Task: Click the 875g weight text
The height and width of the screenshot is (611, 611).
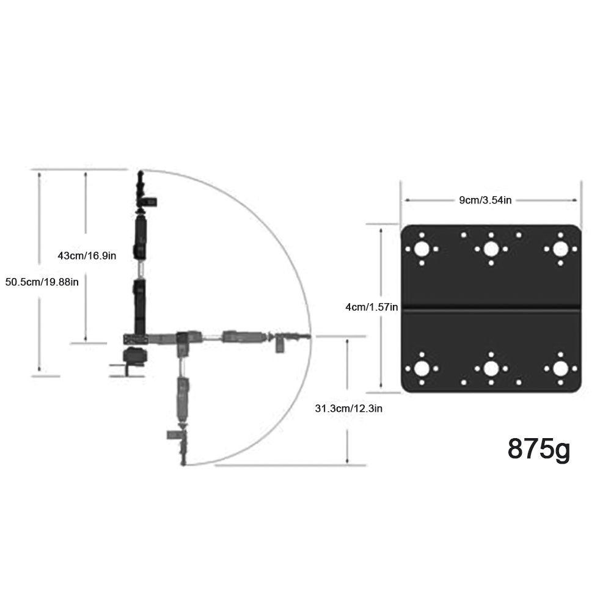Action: tap(538, 448)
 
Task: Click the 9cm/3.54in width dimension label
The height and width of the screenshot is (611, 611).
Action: tap(485, 200)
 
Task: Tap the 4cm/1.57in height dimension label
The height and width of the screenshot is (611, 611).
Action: tap(371, 307)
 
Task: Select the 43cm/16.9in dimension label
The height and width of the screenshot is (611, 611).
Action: tap(87, 255)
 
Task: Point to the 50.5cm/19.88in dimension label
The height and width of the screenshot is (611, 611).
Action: tap(42, 282)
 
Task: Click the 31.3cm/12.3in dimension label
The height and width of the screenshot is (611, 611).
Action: tap(348, 408)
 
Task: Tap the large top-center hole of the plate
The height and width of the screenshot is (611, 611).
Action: tap(491, 249)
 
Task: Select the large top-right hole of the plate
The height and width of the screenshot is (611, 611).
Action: tap(560, 249)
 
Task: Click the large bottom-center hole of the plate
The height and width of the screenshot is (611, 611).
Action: tap(491, 368)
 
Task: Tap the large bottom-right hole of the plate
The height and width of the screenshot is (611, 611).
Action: tap(560, 368)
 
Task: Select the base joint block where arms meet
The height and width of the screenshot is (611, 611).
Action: tap(135, 338)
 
